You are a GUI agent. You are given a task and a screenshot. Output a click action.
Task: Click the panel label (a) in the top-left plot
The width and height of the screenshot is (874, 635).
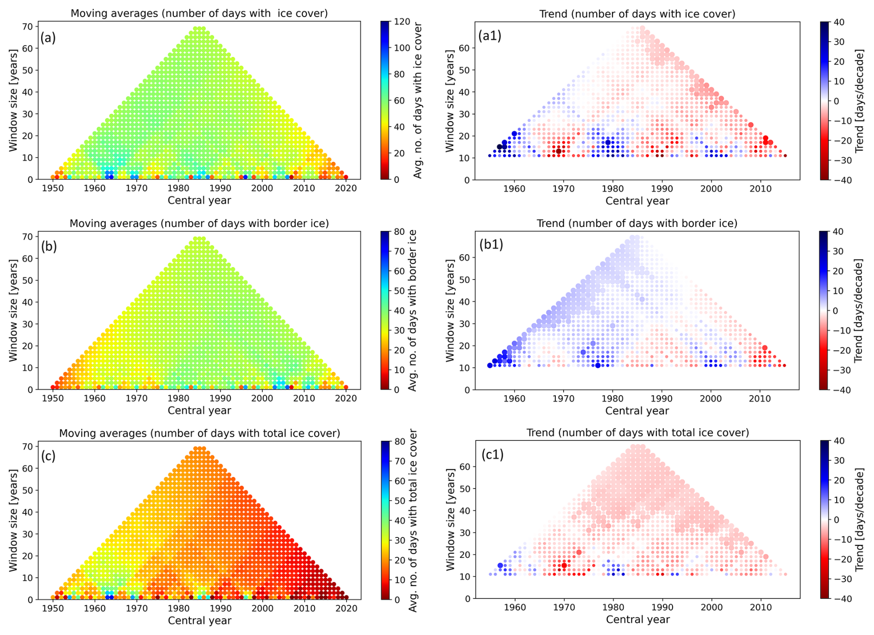tap(48, 37)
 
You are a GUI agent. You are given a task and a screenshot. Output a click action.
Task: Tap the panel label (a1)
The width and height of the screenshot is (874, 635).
tap(490, 36)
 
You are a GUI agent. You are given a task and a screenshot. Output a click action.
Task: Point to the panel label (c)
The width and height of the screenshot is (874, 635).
tap(48, 456)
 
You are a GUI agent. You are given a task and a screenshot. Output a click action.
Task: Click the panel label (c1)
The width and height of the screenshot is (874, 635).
tap(492, 455)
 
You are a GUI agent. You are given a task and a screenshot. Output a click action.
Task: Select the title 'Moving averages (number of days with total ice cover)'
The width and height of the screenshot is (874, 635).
tap(199, 433)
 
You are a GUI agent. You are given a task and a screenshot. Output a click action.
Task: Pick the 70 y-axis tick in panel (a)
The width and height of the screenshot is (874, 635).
tap(28, 27)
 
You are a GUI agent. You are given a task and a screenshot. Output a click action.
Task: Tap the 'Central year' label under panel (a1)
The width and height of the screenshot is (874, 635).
tap(637, 201)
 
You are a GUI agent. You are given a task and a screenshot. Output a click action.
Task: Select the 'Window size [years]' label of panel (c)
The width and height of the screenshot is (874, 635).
tap(13, 520)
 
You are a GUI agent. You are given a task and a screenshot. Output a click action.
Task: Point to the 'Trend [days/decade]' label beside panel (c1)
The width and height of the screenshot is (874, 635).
tap(860, 519)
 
